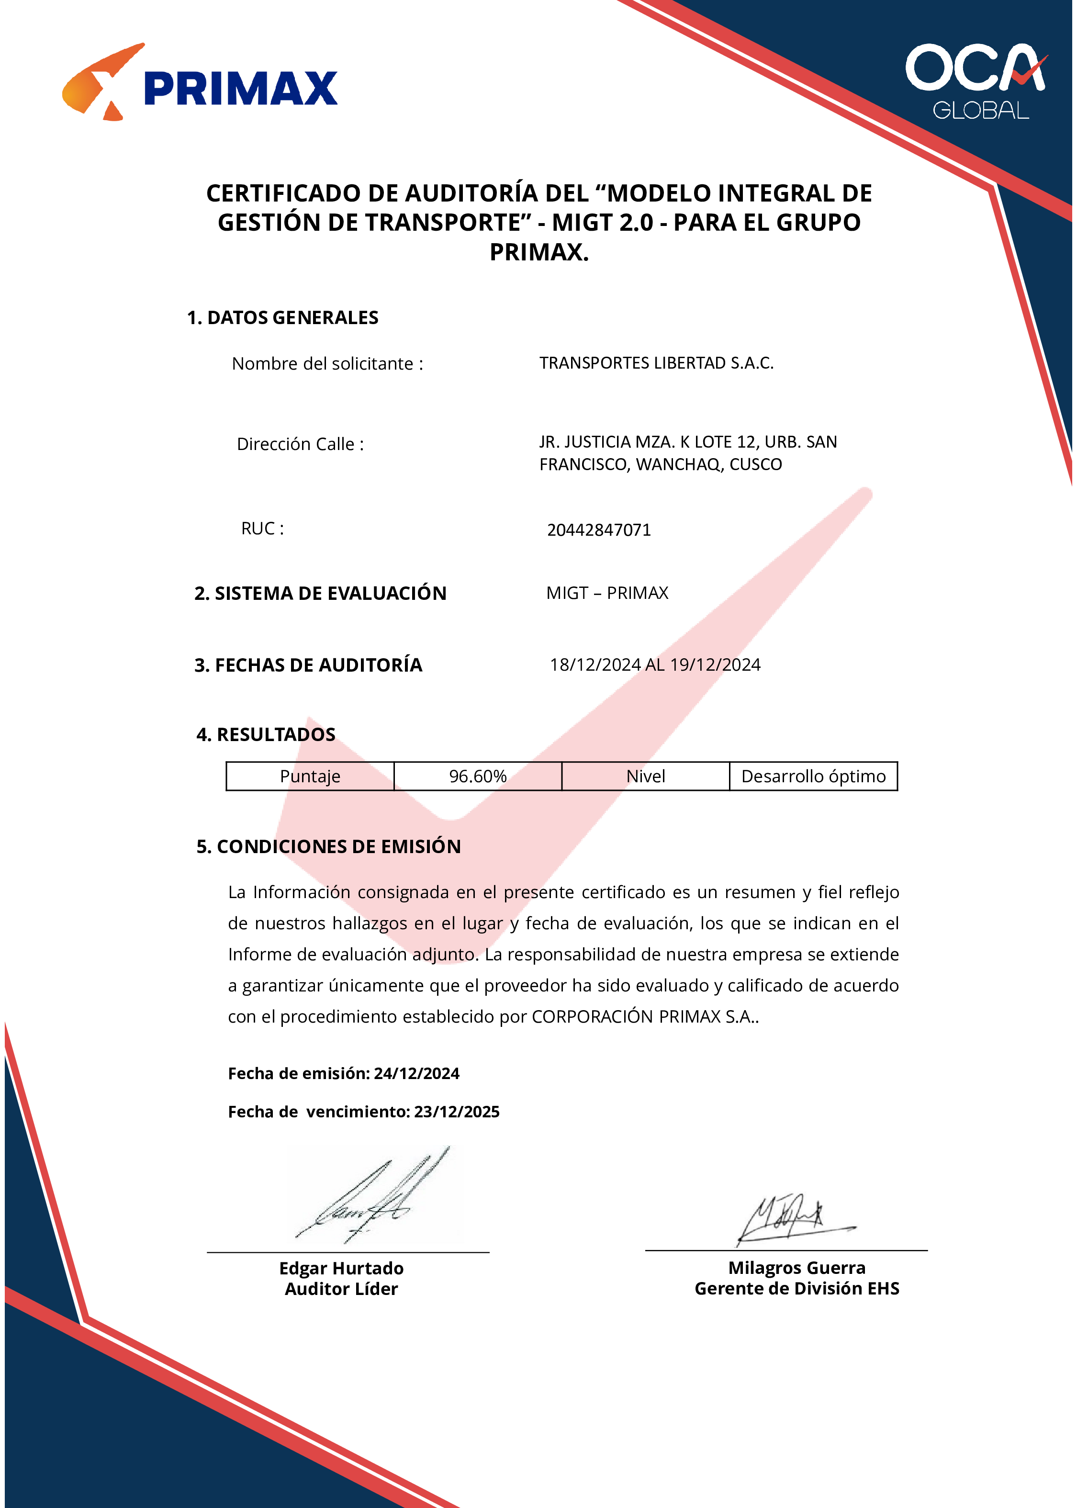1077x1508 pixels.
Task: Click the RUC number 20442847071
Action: point(598,530)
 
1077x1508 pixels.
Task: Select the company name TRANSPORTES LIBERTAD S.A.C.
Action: point(656,363)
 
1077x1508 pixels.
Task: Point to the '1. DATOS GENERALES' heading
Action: point(282,318)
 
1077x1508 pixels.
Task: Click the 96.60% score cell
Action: point(478,776)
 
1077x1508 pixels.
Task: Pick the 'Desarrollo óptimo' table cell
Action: point(813,776)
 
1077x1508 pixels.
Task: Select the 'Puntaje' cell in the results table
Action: point(310,776)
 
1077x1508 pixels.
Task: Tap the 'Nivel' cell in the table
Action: point(645,776)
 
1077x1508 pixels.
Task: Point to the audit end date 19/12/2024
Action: point(715,664)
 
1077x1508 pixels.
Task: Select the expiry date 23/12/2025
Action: point(456,1112)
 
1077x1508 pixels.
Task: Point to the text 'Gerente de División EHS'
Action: point(797,1288)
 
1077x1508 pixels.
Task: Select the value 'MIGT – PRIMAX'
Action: point(607,593)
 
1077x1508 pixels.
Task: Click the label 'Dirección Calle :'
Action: point(301,444)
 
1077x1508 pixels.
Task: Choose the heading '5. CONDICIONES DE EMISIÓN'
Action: point(328,847)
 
